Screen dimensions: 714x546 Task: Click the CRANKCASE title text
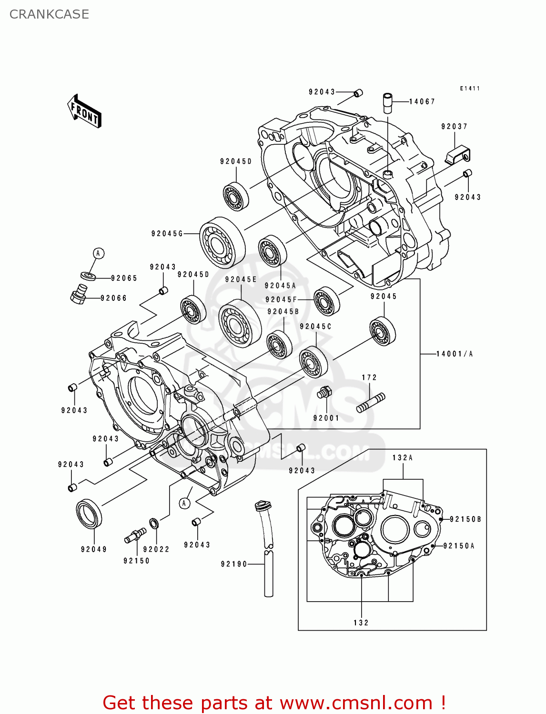click(x=49, y=14)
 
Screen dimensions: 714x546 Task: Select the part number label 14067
click(x=422, y=101)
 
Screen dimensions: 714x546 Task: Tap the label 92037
click(x=454, y=127)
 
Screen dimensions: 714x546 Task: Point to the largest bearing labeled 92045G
click(x=222, y=243)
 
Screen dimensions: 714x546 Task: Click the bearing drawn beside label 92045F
click(x=327, y=301)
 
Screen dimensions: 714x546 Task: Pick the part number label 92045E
click(x=241, y=279)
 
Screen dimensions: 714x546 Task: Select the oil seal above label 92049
click(x=89, y=514)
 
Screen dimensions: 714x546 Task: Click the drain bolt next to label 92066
click(x=79, y=294)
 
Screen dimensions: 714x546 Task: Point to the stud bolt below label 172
click(x=371, y=402)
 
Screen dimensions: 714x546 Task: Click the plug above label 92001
click(x=324, y=393)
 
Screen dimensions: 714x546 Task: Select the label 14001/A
click(x=455, y=354)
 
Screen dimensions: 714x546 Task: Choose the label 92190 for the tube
click(x=234, y=564)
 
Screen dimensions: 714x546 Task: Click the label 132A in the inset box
click(x=403, y=457)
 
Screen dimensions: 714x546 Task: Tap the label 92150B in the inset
click(x=465, y=519)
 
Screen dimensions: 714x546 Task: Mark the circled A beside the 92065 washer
click(x=98, y=253)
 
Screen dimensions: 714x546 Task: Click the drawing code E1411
click(x=470, y=89)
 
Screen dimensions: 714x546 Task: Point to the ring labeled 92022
click(x=154, y=524)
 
